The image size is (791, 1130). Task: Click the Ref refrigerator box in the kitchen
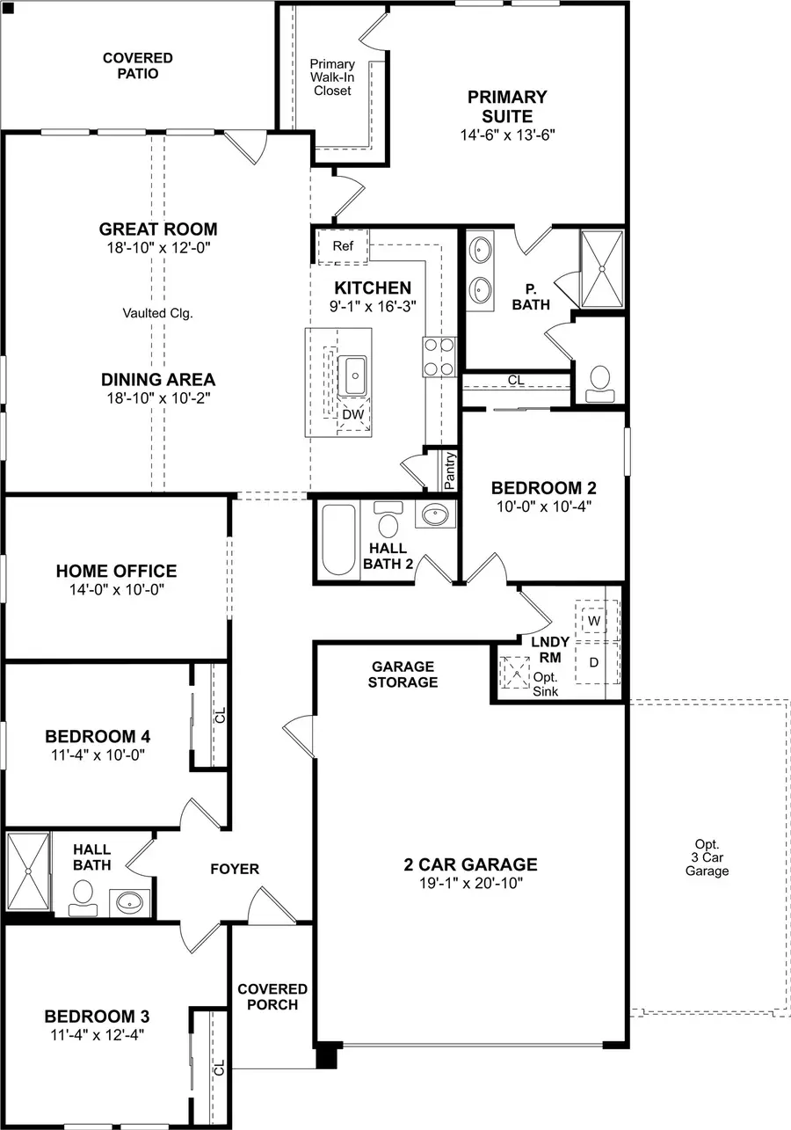[x=343, y=246]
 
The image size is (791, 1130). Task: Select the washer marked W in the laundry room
[x=595, y=621]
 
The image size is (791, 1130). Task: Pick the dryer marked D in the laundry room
[x=595, y=662]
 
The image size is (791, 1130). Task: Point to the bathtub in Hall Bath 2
[x=337, y=538]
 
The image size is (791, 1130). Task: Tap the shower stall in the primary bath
[x=602, y=269]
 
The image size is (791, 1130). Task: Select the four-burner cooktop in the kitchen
[x=439, y=356]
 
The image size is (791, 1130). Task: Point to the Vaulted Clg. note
[x=158, y=312]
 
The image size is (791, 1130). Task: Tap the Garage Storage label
[x=403, y=674]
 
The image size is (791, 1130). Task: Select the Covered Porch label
[x=272, y=996]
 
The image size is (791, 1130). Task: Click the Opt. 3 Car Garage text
[x=707, y=857]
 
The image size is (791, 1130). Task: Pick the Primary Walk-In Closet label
[x=332, y=77]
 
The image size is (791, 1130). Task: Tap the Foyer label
[x=235, y=869]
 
